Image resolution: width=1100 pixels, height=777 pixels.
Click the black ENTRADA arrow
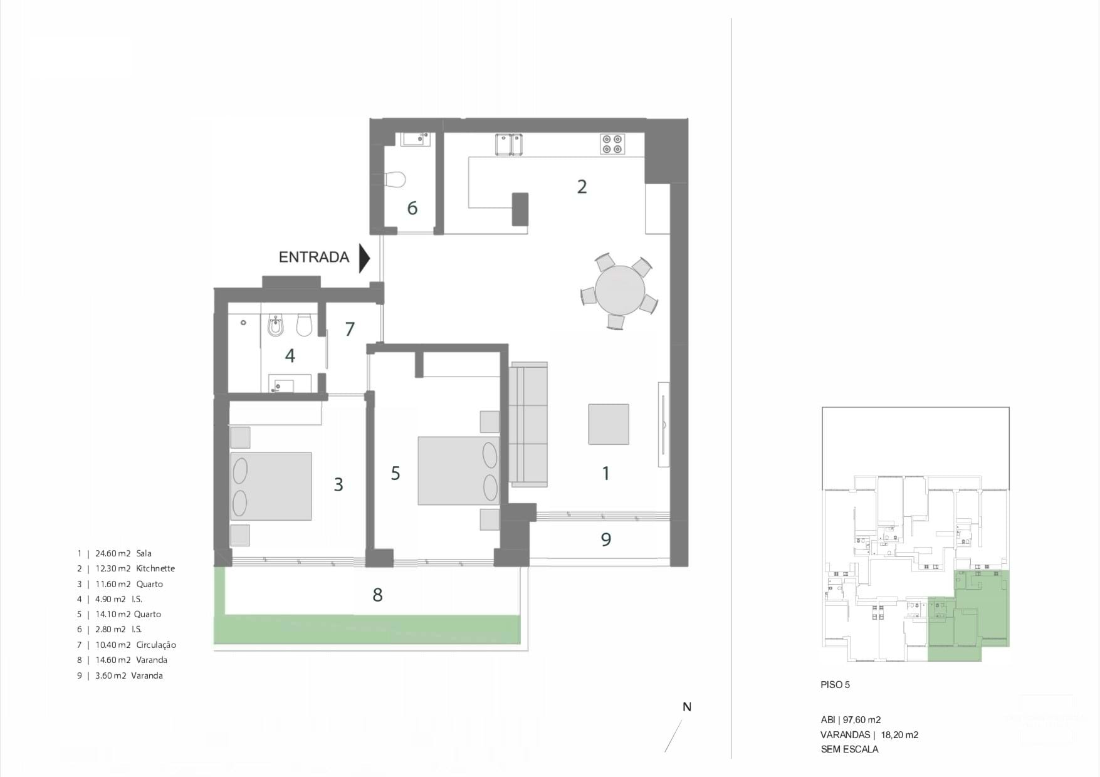click(364, 258)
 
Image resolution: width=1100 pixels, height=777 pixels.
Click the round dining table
click(620, 290)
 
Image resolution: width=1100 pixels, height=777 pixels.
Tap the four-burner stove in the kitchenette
click(612, 144)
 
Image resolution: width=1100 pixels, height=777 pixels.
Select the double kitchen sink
click(509, 144)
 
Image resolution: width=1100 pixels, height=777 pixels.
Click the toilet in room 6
click(395, 179)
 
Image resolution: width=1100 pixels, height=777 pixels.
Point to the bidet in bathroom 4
click(276, 326)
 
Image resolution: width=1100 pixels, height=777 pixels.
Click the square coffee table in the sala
click(608, 424)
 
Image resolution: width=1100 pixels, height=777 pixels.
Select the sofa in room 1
click(528, 424)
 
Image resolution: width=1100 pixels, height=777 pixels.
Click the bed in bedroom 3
click(271, 486)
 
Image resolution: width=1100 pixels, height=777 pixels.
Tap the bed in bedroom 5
click(459, 471)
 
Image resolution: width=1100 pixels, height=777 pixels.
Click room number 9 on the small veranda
click(605, 540)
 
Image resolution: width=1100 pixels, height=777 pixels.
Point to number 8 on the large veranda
click(377, 595)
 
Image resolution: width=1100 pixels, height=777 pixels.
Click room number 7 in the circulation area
click(350, 329)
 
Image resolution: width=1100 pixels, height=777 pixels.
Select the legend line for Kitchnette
click(126, 568)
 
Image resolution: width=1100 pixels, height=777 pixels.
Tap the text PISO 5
click(835, 685)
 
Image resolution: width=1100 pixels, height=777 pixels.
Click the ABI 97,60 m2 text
click(851, 720)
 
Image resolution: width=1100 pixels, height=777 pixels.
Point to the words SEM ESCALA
click(849, 749)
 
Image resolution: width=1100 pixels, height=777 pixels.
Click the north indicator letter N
click(687, 707)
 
